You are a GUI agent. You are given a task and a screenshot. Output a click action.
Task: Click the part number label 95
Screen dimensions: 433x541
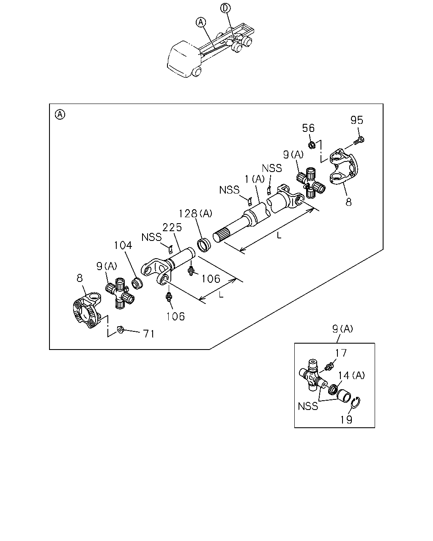[x=356, y=120]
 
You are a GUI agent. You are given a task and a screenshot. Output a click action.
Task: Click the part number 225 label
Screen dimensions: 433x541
[x=172, y=227]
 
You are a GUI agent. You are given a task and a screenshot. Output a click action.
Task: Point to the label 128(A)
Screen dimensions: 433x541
[x=195, y=213]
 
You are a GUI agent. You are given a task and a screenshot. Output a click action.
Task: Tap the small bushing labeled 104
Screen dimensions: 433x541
[x=137, y=283]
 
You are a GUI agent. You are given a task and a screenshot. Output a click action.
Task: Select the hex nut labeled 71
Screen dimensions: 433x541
[x=121, y=329]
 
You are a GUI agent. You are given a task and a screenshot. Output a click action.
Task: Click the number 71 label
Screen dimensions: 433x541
[x=148, y=334]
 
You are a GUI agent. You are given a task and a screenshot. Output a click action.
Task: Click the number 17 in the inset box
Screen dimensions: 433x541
[x=341, y=353]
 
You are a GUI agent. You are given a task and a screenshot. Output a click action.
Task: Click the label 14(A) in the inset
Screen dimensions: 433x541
[x=351, y=375]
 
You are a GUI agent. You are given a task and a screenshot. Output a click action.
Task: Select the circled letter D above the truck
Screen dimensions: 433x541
[x=225, y=8]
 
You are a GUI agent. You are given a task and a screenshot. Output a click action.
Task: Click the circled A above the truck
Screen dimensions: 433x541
[x=201, y=22]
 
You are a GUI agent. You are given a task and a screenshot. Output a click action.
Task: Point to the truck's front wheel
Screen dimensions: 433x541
[x=197, y=72]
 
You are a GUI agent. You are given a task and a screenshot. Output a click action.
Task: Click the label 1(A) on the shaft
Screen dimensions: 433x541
[x=255, y=179]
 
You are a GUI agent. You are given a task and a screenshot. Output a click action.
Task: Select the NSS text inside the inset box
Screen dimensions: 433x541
[x=308, y=406]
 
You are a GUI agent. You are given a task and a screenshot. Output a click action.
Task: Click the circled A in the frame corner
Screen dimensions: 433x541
[x=60, y=115]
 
